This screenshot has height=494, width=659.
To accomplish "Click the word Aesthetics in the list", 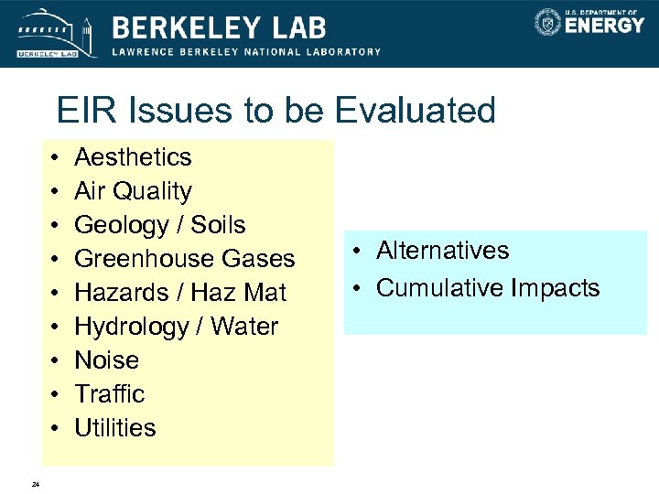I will click(x=133, y=157).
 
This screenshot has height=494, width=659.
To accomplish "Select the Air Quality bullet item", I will click(x=133, y=191).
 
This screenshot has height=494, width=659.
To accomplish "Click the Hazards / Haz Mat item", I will click(x=179, y=293).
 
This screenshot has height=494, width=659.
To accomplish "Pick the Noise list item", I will click(x=106, y=360).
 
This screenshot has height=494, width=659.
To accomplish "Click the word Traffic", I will click(x=109, y=394).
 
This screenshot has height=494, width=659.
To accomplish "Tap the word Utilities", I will click(x=114, y=428).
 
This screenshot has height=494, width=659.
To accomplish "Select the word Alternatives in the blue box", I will click(x=442, y=251).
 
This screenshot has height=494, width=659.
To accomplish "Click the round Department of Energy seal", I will click(x=547, y=22).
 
